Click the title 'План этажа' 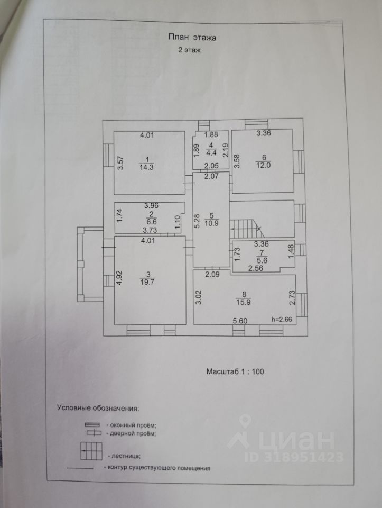tap(192, 37)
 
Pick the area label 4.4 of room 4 tap(211, 154)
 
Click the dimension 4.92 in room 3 tap(120, 278)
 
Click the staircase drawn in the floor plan tap(247, 228)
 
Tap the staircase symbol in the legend tap(91, 451)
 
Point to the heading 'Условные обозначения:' tap(98, 409)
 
